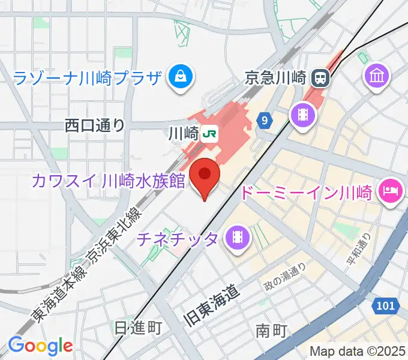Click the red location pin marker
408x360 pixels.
click(x=205, y=176)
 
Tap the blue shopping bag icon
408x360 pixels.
click(x=179, y=76)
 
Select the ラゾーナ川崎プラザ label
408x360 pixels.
click(x=88, y=77)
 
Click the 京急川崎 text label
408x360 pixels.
click(x=276, y=77)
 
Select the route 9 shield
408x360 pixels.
click(x=265, y=121)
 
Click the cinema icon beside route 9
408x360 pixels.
click(x=302, y=113)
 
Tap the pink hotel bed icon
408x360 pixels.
click(x=391, y=191)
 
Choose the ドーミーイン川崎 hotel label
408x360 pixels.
click(x=307, y=193)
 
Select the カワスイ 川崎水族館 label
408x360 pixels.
click(x=109, y=180)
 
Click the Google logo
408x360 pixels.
click(x=40, y=346)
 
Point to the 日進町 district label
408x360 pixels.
click(x=138, y=328)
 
